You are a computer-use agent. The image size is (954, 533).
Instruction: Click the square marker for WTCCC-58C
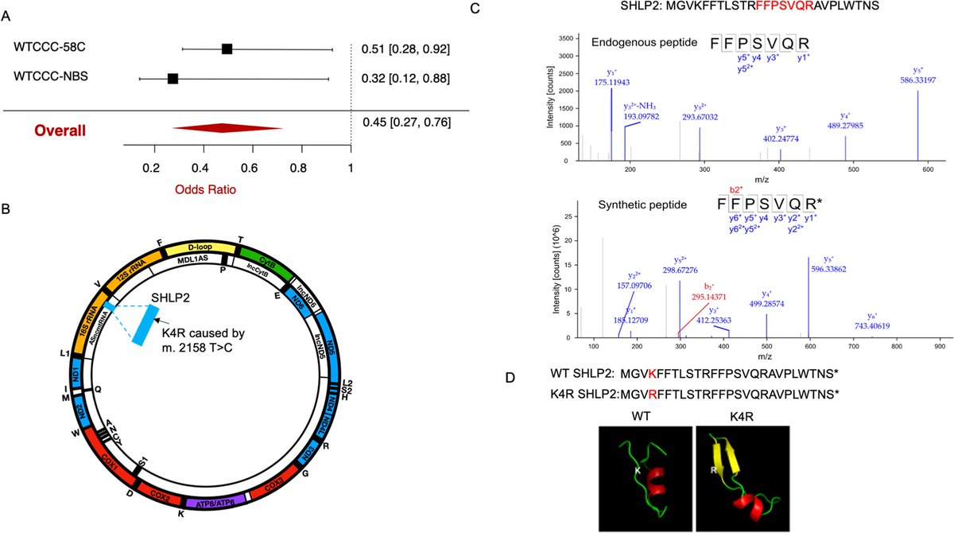[x=227, y=49]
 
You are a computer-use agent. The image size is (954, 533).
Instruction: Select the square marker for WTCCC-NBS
[x=173, y=78]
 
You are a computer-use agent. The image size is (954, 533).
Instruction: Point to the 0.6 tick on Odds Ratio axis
[x=250, y=168]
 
